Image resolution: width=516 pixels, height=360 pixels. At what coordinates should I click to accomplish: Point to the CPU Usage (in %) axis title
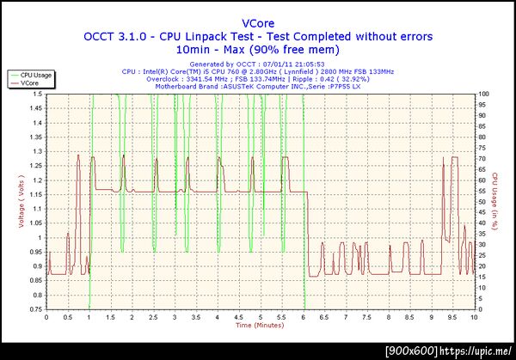(496, 200)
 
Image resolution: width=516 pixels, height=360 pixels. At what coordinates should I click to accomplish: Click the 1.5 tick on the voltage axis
(38, 107)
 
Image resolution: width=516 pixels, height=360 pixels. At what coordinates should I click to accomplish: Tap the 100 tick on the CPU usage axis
(483, 94)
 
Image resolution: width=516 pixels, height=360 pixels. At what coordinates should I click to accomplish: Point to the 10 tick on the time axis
(473, 317)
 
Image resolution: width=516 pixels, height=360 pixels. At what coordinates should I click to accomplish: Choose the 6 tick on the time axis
(303, 317)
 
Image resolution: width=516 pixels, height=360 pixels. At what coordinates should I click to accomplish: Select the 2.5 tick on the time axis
(154, 317)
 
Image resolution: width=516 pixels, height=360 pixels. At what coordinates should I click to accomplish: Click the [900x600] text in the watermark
(411, 351)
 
